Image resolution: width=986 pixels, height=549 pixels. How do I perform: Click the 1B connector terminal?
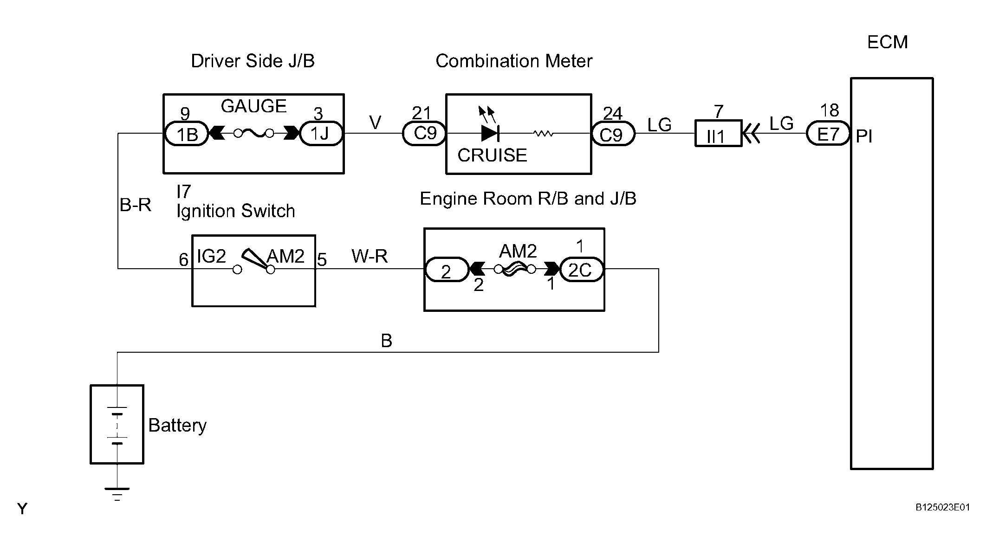point(187,134)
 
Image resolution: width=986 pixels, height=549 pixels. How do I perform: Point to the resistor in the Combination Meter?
point(543,134)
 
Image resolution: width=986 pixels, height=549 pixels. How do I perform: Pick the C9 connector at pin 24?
point(613,134)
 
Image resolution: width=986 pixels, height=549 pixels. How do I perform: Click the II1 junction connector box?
point(718,134)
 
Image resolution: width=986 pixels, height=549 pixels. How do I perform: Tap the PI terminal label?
point(864,136)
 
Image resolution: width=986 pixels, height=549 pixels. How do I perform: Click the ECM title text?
point(887,42)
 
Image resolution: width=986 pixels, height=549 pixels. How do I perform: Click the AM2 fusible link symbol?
point(515,269)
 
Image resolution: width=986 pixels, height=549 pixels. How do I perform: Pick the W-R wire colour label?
point(370,256)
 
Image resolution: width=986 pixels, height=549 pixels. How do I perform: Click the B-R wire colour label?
point(136,205)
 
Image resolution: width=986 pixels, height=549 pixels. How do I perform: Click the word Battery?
point(177,425)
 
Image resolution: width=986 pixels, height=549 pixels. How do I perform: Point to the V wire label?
point(375,123)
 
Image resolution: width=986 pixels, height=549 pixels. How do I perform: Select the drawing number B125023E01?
point(942,507)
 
